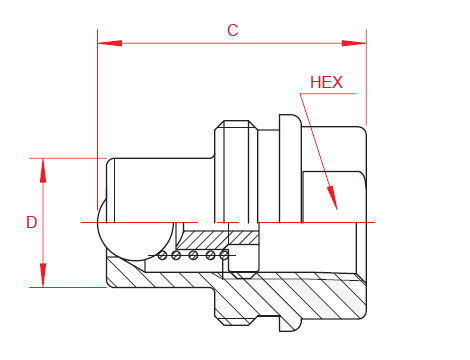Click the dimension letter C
(232, 30)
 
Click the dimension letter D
(31, 222)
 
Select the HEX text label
(327, 83)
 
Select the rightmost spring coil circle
(225, 256)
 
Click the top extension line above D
(70, 157)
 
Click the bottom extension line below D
(70, 287)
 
